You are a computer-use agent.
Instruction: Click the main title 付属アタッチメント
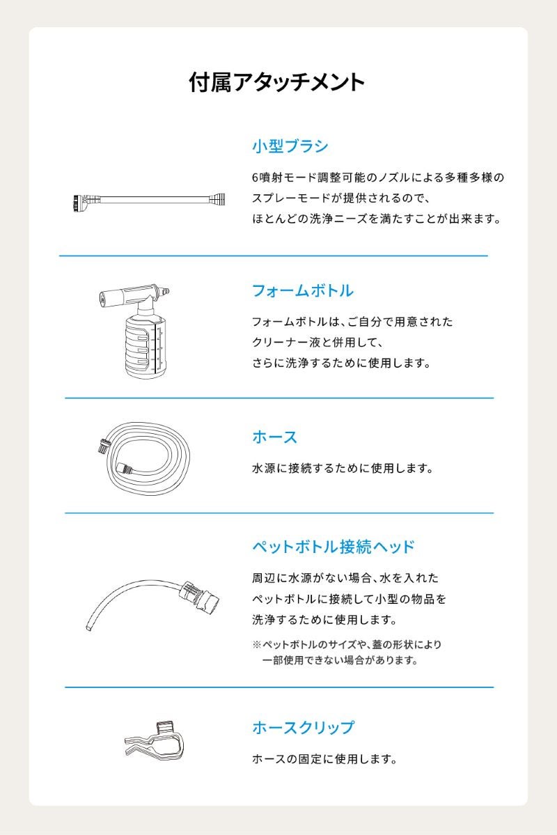pos(277,83)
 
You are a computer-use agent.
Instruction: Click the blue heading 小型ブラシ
pos(290,146)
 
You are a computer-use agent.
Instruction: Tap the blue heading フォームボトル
pos(302,291)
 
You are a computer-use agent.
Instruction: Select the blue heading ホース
pos(275,437)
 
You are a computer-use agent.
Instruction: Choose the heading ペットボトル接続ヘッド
pos(334,547)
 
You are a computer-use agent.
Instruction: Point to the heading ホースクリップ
pos(303,728)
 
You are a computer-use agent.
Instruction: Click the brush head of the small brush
pos(80,203)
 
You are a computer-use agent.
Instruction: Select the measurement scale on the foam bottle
pos(157,349)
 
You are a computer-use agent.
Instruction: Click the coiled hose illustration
pos(146,458)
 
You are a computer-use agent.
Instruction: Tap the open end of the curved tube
pos(89,628)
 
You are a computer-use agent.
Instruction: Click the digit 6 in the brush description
pos(256,178)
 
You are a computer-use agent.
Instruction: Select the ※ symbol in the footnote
pos(257,645)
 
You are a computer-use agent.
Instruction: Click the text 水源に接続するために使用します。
pos(343,469)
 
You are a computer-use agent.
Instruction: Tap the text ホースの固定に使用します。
pos(325,759)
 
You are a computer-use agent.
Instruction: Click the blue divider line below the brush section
pos(273,256)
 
